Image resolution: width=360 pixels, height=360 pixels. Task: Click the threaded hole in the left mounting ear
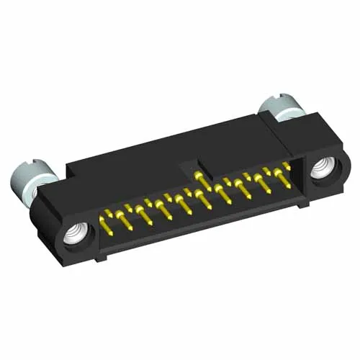tap(75, 233)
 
